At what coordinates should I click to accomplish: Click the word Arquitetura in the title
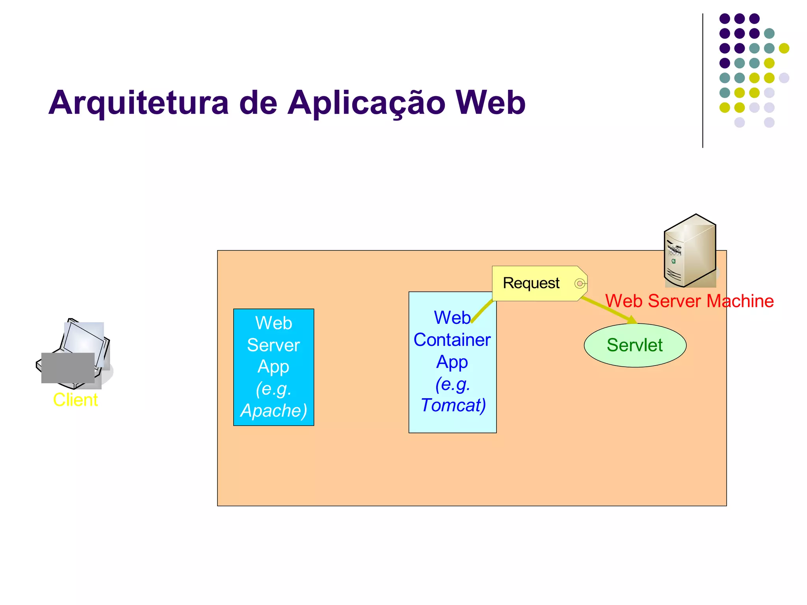[138, 102]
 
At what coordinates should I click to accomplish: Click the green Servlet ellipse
[635, 345]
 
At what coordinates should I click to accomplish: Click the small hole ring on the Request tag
[580, 284]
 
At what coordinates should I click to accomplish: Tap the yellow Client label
[75, 400]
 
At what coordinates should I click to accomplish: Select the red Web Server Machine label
[689, 301]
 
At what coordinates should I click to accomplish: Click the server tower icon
[690, 251]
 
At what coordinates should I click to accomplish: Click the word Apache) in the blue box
[273, 410]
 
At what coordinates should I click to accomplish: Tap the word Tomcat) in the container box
[453, 405]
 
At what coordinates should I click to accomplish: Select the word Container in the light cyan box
[452, 340]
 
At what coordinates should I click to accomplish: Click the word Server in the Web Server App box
[273, 345]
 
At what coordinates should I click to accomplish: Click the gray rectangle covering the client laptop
[68, 367]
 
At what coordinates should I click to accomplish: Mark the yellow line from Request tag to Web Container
[482, 312]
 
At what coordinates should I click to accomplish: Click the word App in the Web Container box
[452, 362]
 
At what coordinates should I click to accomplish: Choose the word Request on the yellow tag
[531, 283]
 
